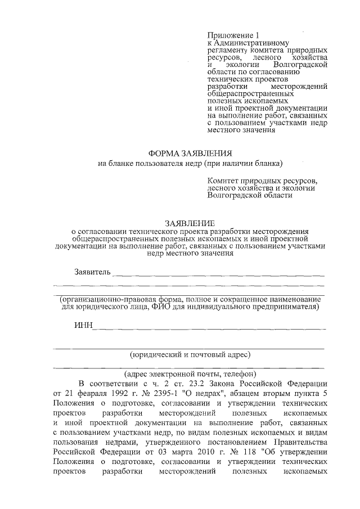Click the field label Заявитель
tap(93, 272)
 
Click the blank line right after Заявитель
tap(219, 274)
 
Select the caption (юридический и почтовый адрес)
tap(190, 354)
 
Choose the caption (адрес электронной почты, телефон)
tap(190, 373)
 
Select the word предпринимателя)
tap(280, 307)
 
